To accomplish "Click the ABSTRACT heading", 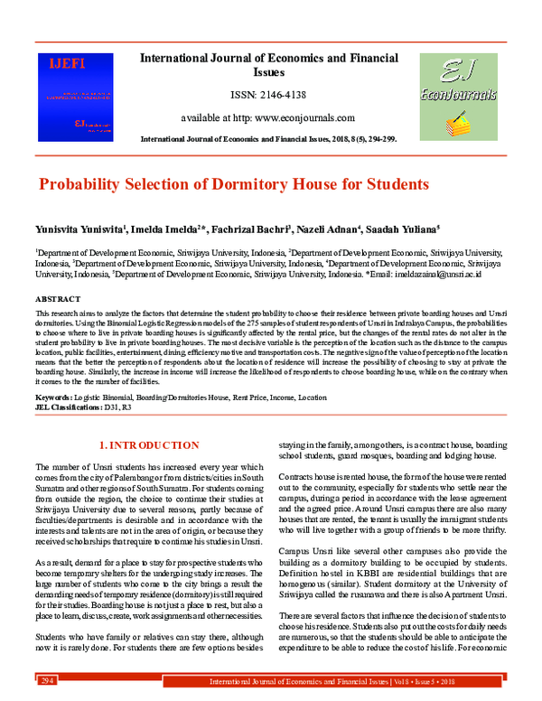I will point(59,297).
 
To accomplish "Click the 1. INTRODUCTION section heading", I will point(148,444).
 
